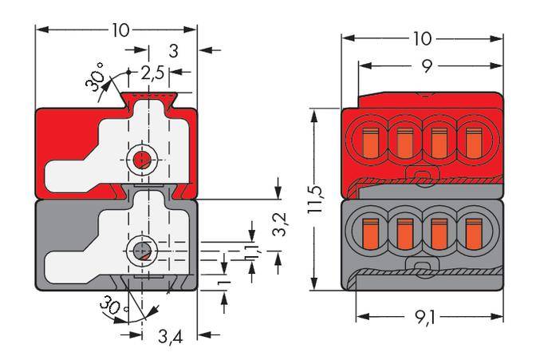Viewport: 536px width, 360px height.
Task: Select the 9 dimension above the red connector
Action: (428, 68)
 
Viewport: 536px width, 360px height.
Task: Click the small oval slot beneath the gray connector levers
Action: (420, 266)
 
